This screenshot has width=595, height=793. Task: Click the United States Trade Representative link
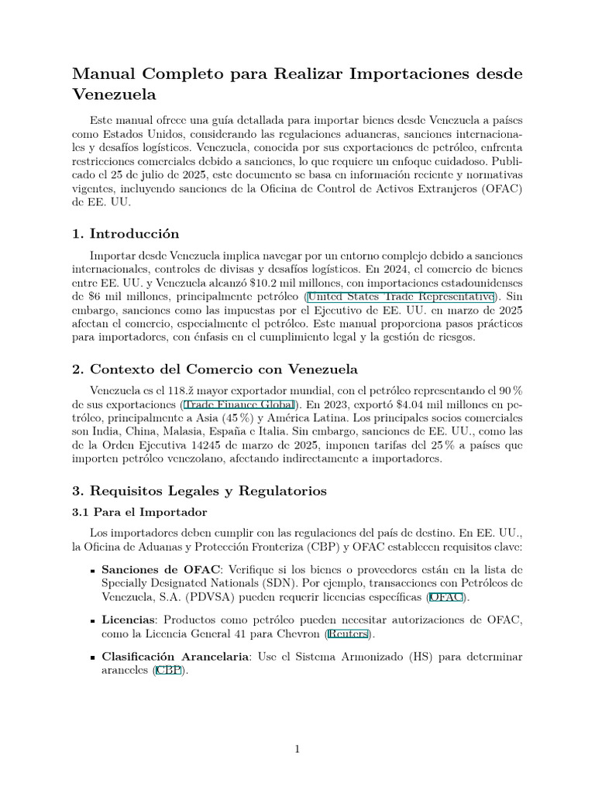pos(401,297)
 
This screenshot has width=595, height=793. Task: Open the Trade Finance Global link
pos(239,404)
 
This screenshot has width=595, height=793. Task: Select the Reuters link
pos(348,634)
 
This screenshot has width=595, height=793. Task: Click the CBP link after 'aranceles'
pos(167,671)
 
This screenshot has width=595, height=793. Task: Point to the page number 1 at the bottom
pos(297,748)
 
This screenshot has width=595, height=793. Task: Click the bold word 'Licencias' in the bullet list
pos(129,620)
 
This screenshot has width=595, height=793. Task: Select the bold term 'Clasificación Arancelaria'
pos(175,657)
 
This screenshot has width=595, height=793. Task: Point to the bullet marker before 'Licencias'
pos(93,620)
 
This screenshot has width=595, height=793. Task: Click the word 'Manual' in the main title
pos(103,74)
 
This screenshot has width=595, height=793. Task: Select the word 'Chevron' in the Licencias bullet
pos(298,634)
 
